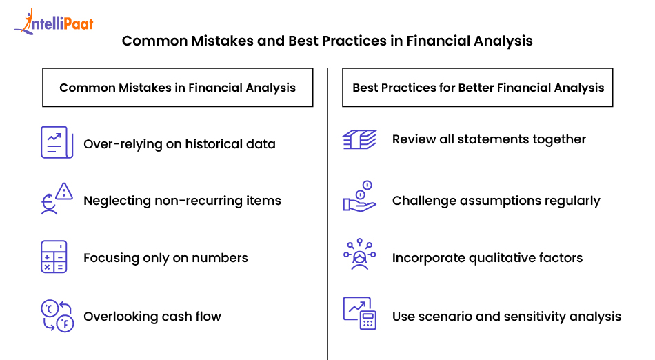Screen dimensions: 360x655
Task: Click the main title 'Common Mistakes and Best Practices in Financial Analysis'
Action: point(327,41)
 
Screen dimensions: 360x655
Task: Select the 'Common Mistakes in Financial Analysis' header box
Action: point(177,88)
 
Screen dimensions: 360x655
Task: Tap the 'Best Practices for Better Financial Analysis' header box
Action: point(478,88)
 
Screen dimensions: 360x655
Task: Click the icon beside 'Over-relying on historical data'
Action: point(55,143)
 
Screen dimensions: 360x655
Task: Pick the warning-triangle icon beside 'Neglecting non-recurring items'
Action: point(55,199)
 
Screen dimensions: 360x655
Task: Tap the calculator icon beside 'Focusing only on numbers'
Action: point(54,257)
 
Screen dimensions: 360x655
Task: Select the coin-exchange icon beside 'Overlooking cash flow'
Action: point(57,317)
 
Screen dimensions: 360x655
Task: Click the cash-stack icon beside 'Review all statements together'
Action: point(359,140)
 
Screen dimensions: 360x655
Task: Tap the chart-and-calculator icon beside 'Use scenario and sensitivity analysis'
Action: point(359,313)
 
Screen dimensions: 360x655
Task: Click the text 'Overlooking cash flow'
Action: point(152,317)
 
